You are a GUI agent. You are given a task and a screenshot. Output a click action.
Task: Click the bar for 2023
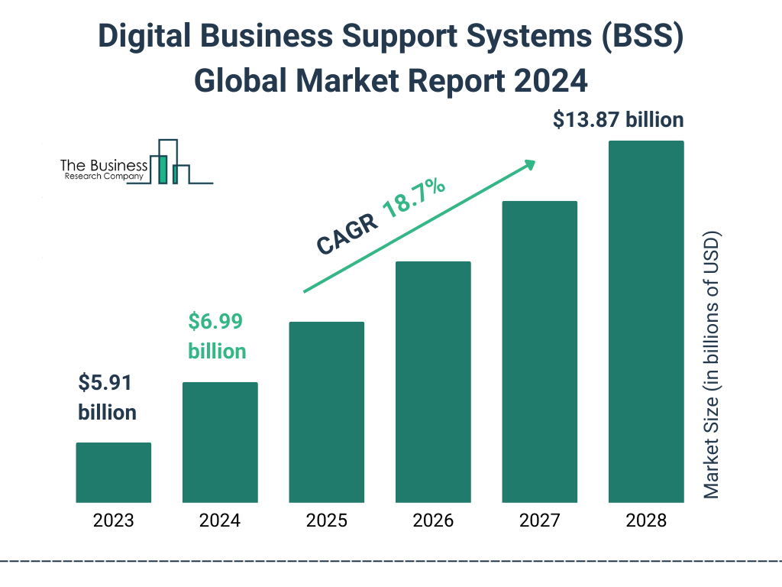(114, 472)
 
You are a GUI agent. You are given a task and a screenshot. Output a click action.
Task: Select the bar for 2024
(220, 442)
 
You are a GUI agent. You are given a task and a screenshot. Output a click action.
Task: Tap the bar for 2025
(326, 412)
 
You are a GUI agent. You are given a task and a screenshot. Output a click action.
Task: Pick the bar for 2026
(433, 382)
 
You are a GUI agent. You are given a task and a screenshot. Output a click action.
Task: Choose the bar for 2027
(539, 352)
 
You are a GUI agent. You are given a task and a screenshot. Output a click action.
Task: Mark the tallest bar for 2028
(646, 322)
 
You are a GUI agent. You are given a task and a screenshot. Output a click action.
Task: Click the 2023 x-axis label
(114, 521)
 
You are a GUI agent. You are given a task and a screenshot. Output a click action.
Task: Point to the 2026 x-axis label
(433, 521)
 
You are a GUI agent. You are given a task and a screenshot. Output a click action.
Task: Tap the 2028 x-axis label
(646, 521)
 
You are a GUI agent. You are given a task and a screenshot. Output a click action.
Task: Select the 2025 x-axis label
(326, 521)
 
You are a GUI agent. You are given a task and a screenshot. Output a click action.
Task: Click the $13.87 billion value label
(618, 120)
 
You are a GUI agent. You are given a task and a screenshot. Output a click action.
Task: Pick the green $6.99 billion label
(217, 336)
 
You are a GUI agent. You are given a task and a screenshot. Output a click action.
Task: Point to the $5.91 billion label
(108, 397)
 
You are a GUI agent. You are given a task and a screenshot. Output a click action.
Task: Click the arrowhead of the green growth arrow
(529, 164)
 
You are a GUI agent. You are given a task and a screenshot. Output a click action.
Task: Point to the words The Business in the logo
(104, 165)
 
